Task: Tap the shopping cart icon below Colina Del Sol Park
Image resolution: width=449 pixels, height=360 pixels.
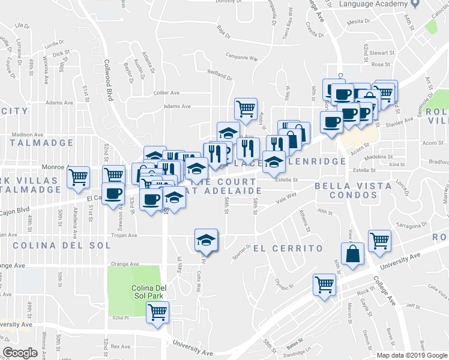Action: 158,312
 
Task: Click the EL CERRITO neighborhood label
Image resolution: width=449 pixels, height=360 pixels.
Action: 288,248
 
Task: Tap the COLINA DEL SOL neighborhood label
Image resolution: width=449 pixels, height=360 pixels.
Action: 62,245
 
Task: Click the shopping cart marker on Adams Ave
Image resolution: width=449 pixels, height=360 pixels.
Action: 246,109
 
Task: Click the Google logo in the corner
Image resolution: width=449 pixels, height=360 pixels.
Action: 20,353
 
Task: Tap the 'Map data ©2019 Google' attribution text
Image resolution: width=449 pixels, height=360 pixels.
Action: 411,355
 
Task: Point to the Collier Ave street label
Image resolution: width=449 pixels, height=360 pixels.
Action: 167,93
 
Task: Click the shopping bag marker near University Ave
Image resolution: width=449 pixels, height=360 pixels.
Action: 353,253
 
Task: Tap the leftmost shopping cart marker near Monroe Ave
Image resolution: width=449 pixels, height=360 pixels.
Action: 78,178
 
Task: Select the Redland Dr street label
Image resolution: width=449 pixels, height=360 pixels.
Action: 219,76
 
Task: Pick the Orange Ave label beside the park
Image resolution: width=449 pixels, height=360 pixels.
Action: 125,263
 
